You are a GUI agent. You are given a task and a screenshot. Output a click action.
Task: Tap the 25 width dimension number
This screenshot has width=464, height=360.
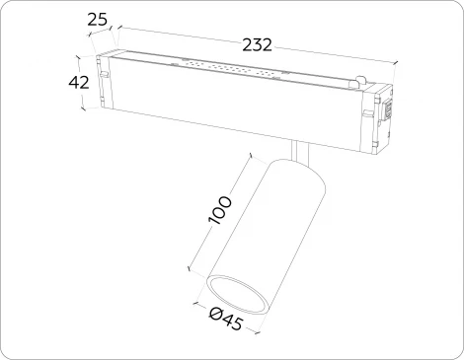tap(98, 19)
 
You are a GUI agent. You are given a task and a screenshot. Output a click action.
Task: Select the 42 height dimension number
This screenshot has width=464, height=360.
tap(80, 83)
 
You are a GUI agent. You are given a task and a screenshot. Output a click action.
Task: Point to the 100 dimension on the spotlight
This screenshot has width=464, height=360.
tap(221, 211)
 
